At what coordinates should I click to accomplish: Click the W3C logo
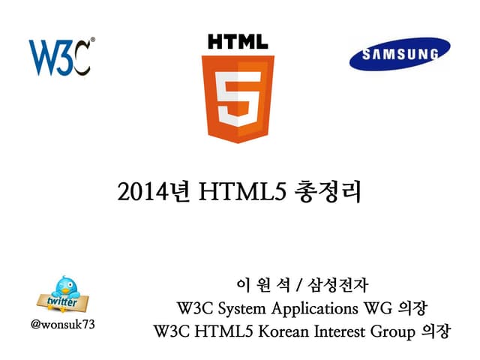(60, 57)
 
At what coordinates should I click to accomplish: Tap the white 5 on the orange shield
(238, 98)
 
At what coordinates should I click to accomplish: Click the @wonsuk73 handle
(62, 326)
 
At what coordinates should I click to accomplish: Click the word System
(239, 307)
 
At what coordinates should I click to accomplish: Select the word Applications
(319, 308)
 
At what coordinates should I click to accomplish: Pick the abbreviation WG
(383, 307)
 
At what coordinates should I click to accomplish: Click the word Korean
(281, 330)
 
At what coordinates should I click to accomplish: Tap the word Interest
(337, 330)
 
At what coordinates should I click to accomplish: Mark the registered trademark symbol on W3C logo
(92, 40)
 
